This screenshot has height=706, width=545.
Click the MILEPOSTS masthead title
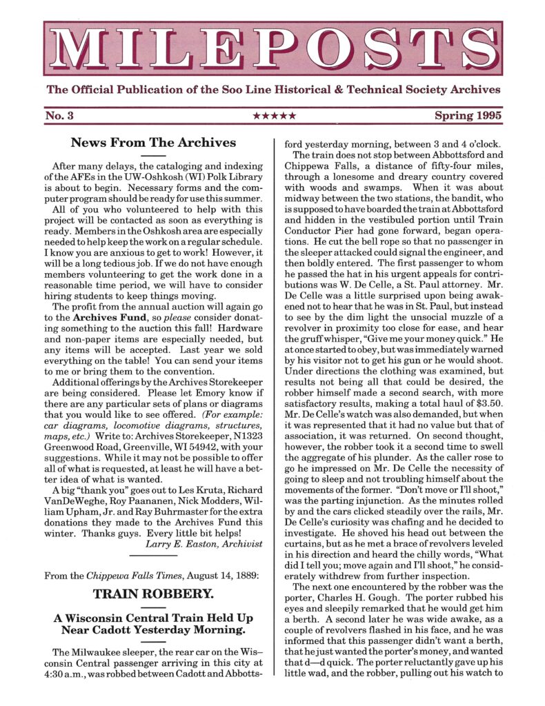pos(272,48)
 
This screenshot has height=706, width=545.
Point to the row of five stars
pos(273,116)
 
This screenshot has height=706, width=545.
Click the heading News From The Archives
pos(153,143)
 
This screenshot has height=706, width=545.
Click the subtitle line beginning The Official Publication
pos(272,90)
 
